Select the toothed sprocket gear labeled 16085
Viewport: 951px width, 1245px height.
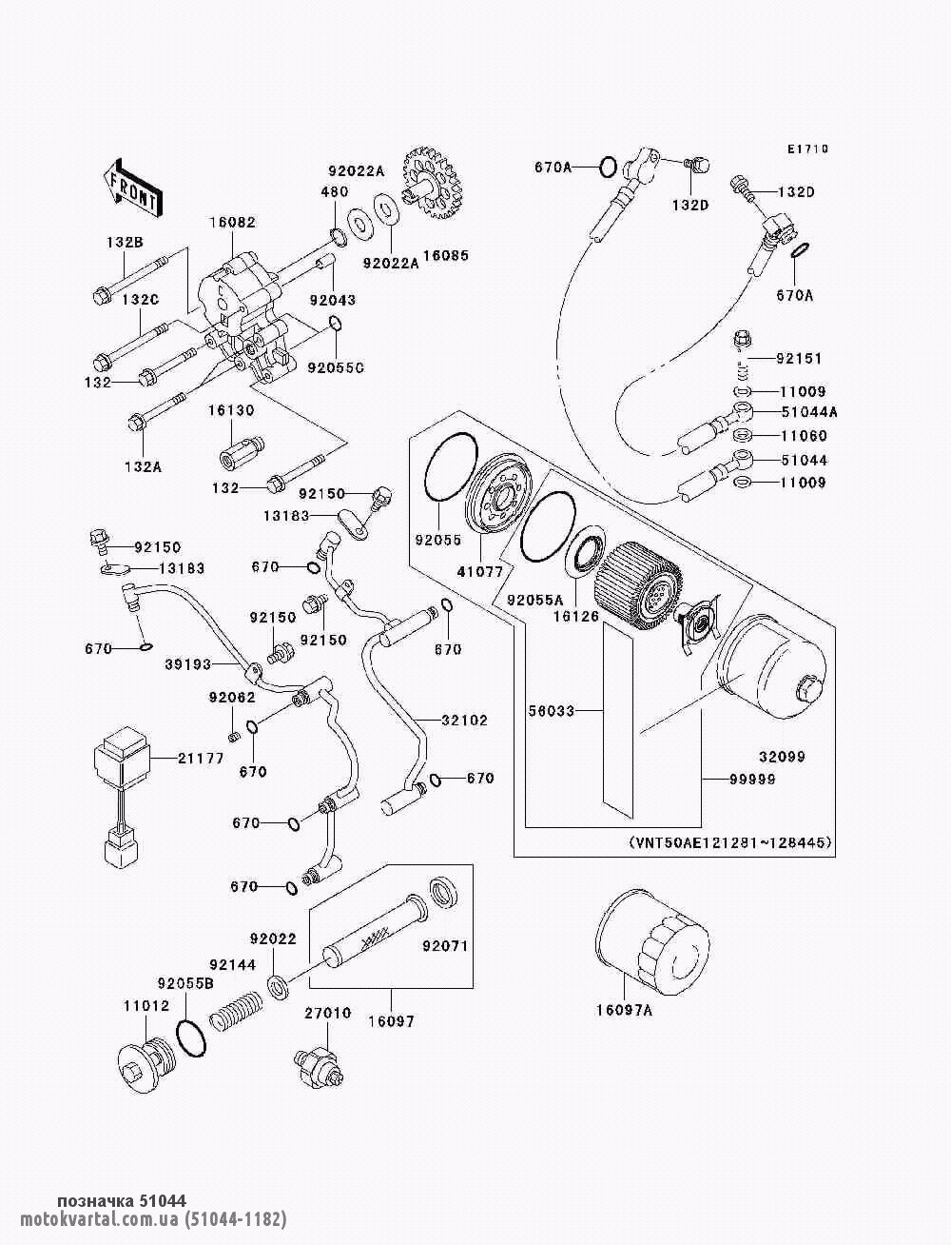point(432,183)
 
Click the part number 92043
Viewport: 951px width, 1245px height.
point(333,300)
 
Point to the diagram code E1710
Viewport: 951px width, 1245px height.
point(807,149)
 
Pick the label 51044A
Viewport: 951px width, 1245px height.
point(809,412)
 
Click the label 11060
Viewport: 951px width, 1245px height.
point(805,436)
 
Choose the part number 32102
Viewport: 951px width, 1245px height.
point(465,721)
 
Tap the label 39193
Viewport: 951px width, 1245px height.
point(188,663)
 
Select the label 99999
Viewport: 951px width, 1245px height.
point(752,780)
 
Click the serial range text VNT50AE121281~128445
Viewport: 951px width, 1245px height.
point(730,842)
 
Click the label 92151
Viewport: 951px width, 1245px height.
point(799,359)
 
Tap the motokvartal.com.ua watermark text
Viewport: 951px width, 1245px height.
point(153,1217)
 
